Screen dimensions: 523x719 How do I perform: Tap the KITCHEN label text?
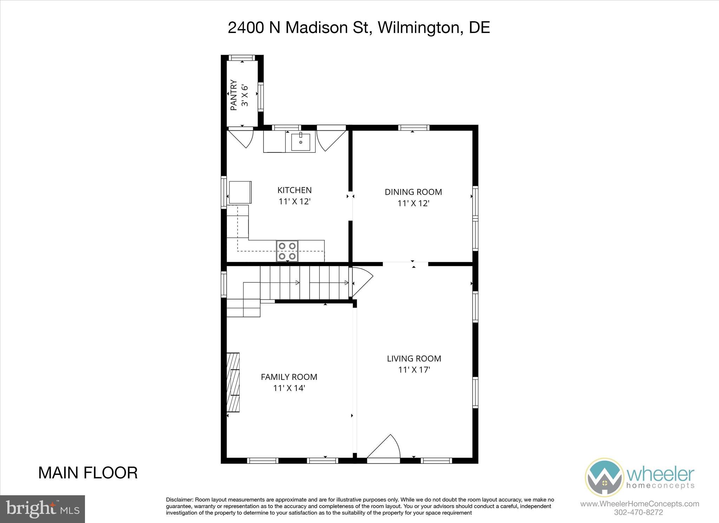(294, 190)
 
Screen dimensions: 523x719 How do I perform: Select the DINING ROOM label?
(413, 192)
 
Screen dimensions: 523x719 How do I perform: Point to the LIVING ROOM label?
(414, 358)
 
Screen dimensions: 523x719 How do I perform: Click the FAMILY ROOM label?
(289, 377)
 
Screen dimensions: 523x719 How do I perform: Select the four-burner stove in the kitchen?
(287, 251)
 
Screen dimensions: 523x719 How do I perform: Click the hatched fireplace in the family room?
(233, 382)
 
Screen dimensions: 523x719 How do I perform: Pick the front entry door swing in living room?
(384, 448)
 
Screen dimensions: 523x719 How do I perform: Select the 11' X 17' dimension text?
(414, 370)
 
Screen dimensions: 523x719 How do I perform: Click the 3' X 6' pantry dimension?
(245, 95)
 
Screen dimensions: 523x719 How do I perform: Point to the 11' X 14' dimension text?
(289, 388)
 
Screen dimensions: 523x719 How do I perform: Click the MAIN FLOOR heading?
(88, 473)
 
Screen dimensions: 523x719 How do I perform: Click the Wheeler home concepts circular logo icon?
(604, 477)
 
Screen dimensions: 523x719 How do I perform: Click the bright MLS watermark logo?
(42, 509)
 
